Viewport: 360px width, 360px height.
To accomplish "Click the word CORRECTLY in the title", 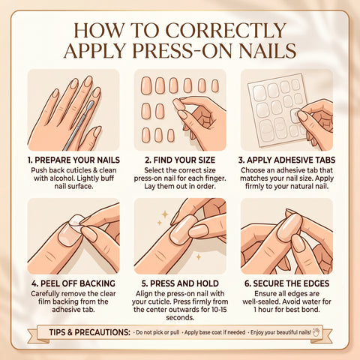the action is point(226,31).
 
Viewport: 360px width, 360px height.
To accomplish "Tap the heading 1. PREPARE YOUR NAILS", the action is point(73,160).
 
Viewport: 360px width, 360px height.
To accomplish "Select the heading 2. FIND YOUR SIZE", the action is point(180,160).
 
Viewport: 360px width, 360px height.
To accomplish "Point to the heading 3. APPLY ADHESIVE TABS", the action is point(286,160).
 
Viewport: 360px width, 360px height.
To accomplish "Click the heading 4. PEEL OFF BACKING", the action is point(73,283).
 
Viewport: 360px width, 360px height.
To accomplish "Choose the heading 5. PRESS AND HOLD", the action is point(180,283).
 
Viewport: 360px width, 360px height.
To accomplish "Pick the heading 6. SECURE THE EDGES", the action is point(286,283).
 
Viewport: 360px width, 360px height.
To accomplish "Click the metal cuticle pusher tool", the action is point(78,125).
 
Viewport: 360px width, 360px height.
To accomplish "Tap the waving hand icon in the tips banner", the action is point(316,332).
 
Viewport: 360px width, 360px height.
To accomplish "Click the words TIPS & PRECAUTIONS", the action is point(90,332).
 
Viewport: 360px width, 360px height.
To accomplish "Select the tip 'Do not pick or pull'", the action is point(157,332).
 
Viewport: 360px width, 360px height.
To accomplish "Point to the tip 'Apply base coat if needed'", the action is point(214,332).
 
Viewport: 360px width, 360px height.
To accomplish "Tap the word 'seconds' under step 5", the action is point(180,318).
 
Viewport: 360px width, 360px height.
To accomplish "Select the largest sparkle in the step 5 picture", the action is point(165,214).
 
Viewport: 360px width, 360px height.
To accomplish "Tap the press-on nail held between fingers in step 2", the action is point(179,104).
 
